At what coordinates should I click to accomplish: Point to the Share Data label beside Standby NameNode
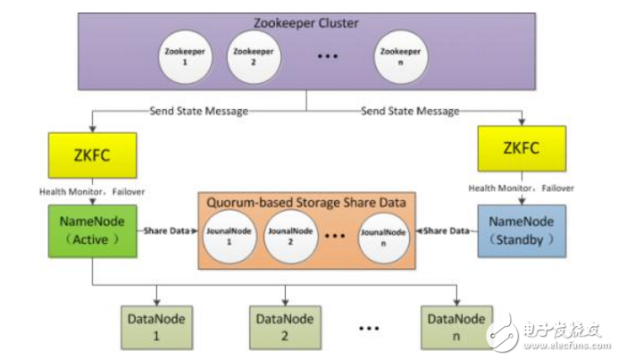[447, 231]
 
